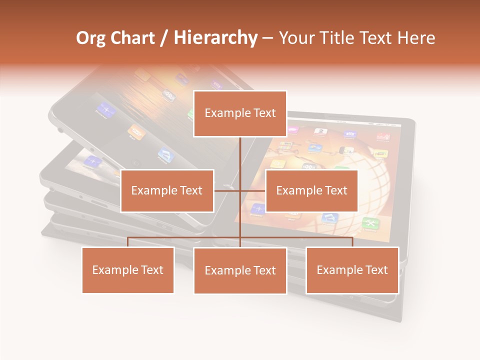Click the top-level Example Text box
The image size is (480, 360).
click(x=240, y=113)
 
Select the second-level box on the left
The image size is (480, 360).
click(x=167, y=190)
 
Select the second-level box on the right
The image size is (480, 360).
click(x=311, y=190)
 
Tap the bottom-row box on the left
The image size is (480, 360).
click(x=128, y=270)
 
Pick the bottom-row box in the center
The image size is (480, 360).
click(x=240, y=270)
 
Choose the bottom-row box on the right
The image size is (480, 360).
click(x=352, y=270)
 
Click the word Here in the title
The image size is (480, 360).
click(x=416, y=38)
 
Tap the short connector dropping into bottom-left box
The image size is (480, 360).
click(x=128, y=242)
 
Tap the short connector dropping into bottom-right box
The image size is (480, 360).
click(x=352, y=242)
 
